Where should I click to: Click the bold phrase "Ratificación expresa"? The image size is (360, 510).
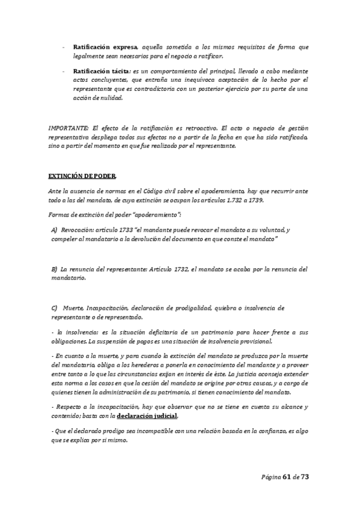[105, 46]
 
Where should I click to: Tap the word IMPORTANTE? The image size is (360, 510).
[68, 128]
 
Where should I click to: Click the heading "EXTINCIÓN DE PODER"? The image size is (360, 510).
[83, 176]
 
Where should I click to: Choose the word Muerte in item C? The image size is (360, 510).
[76, 307]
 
